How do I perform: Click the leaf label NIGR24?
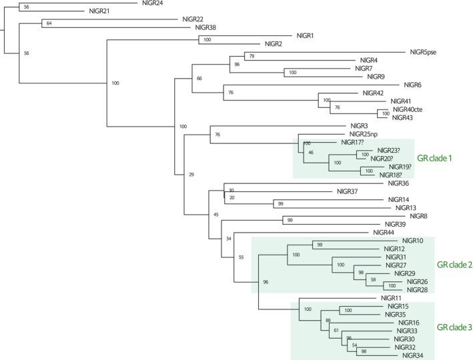[x=155, y=3]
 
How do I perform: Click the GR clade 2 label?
[x=454, y=265]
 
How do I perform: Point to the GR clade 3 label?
[x=454, y=327]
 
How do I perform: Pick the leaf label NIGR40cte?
[x=408, y=109]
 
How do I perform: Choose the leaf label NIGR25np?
[x=364, y=134]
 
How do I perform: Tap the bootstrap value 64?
[x=48, y=23]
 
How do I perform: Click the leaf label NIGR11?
[x=391, y=297]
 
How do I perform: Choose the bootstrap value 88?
[x=328, y=321]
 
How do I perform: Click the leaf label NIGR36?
[x=398, y=183]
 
